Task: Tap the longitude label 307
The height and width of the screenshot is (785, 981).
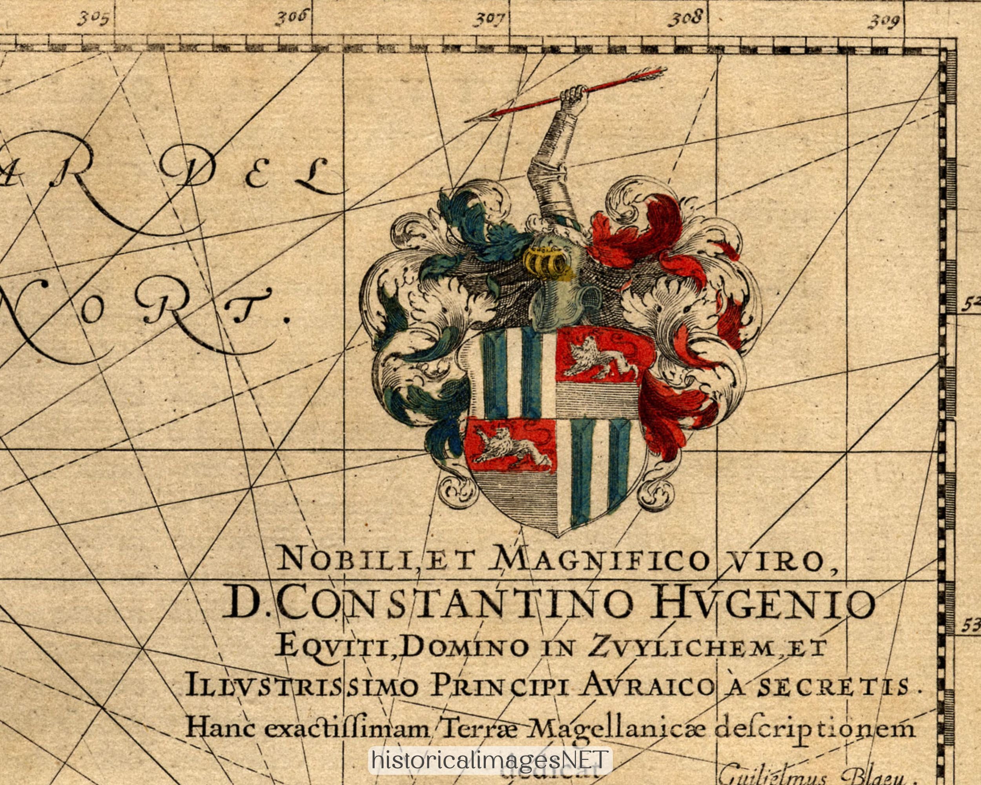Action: [x=491, y=19]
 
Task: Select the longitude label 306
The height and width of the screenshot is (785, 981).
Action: [x=292, y=18]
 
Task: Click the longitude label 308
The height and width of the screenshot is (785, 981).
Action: [x=685, y=19]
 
